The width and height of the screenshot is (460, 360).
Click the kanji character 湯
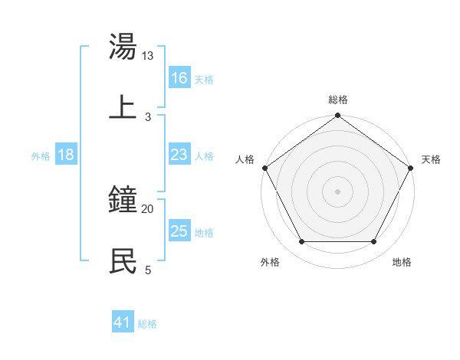pos(123,47)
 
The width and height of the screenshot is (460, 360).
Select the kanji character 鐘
pos(123,201)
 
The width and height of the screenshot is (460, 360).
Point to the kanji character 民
pos(123,260)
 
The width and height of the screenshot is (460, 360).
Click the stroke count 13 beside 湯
pos(148,56)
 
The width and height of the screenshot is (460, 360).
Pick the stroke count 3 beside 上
pos(148,116)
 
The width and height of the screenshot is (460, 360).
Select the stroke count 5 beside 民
pos(148,269)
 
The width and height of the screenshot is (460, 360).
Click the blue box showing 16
pos(179,78)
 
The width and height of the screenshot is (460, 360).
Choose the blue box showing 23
pos(179,155)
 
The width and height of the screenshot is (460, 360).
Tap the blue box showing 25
pos(179,231)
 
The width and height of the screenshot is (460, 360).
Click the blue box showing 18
pos(66,155)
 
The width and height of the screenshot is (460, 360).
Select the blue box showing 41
pos(123,323)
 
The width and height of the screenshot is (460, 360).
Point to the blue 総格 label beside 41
pos(147,324)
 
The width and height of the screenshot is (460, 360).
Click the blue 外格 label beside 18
pos(41,156)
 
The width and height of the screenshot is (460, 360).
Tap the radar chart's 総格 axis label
pos(338,100)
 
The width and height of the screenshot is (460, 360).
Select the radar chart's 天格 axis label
pos(431,159)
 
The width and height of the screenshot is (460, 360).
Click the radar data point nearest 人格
pos(265,168)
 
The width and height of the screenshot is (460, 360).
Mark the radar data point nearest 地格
pos(374,242)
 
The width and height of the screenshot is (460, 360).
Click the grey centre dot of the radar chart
pos(338,191)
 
